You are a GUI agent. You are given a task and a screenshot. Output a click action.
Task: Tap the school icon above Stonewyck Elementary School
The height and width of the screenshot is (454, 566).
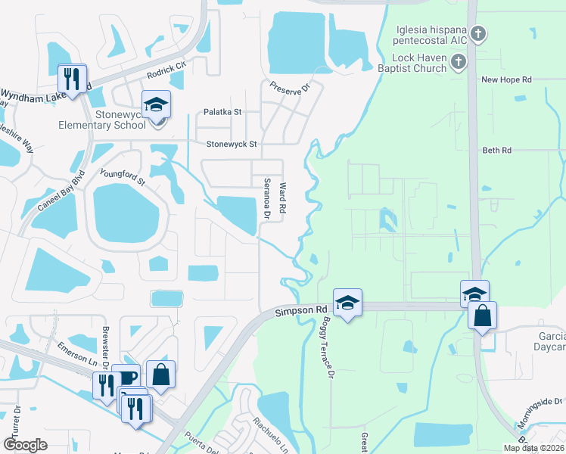pos(156,105)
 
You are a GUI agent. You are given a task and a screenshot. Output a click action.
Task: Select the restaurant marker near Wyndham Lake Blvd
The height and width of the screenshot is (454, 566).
pos(73,79)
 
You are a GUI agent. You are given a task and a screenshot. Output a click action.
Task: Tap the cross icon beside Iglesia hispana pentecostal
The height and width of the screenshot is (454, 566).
pos(477,33)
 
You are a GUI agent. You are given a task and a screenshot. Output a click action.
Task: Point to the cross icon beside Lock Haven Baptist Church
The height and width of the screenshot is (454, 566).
pos(459,62)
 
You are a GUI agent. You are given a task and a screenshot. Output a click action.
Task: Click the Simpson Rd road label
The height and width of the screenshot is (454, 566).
pos(300,310)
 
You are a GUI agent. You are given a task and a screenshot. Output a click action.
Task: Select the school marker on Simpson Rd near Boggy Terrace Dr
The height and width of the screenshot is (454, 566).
pos(347,303)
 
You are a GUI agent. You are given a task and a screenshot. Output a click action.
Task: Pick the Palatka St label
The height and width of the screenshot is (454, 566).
pos(222,112)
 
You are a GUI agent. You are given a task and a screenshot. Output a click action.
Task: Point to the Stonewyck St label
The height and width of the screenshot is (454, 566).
pos(232,143)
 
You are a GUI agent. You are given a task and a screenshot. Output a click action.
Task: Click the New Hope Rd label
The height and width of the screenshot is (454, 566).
pos(506,79)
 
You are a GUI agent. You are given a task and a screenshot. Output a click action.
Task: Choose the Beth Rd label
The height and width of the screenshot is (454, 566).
pos(496,151)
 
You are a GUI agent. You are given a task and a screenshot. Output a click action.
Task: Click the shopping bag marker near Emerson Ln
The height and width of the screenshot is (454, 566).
pos(161,375)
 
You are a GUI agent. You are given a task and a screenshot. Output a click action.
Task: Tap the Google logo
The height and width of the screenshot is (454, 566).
pos(25,445)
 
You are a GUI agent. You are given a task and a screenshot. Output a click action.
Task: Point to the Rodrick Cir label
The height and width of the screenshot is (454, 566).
pos(166,70)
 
